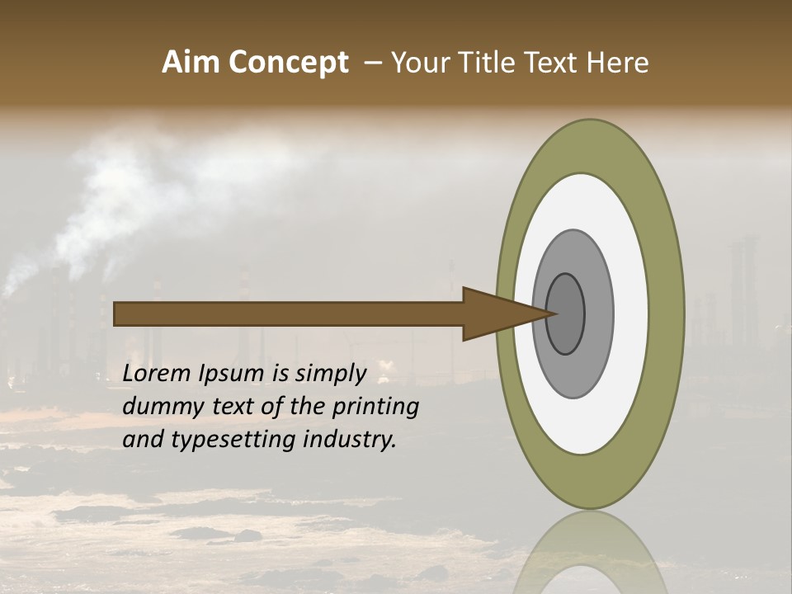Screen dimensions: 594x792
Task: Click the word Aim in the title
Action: click(191, 63)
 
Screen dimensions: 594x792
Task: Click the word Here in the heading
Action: click(617, 63)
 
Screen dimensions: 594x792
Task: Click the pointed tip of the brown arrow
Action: click(555, 313)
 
